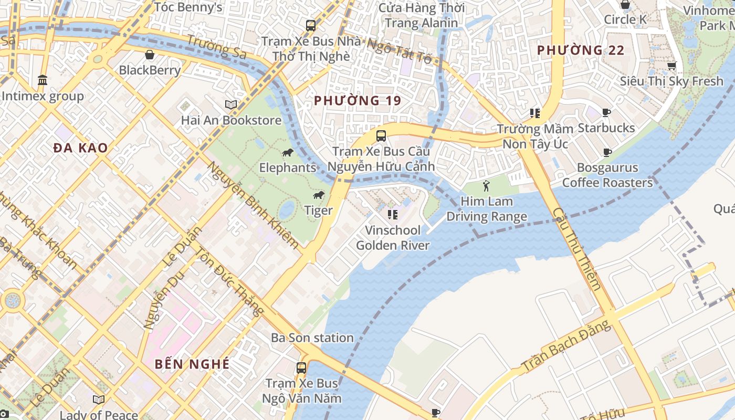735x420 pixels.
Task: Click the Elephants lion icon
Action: [x=287, y=153]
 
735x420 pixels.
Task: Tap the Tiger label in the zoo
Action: [x=318, y=211]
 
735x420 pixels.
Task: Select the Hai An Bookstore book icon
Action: [x=231, y=104]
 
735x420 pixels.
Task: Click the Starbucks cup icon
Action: [x=606, y=112]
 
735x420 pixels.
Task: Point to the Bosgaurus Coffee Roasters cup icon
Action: [x=607, y=153]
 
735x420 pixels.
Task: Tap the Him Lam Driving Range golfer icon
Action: [x=486, y=186]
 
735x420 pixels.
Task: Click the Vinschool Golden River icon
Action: [x=392, y=214]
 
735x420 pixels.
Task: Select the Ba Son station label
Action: [x=312, y=338]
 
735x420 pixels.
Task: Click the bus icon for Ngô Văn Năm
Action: [x=301, y=367]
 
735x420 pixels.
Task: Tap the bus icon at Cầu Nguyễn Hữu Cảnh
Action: [x=381, y=135]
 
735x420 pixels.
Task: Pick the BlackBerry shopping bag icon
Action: [x=150, y=55]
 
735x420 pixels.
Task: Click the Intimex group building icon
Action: [x=43, y=80]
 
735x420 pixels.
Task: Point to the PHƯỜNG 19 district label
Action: [x=358, y=100]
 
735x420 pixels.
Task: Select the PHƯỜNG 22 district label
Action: [x=581, y=50]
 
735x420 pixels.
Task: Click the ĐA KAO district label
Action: [x=80, y=148]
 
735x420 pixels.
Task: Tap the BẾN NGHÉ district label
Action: [x=192, y=364]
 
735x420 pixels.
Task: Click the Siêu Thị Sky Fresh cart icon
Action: [x=671, y=66]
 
